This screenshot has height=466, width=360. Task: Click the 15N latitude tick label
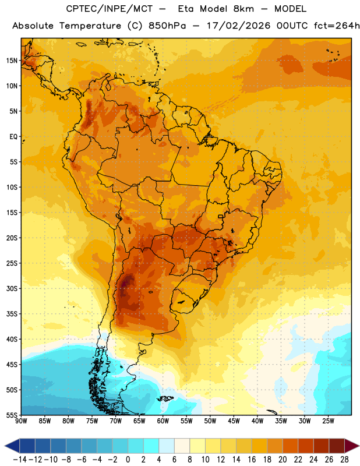(x=12, y=61)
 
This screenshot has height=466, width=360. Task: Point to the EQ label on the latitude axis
(x=13, y=137)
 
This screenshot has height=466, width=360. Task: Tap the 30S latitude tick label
(x=12, y=288)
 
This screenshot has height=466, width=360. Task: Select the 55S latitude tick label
(x=12, y=415)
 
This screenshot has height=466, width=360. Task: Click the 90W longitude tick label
(x=21, y=421)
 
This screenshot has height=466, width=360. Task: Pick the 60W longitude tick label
(x=163, y=421)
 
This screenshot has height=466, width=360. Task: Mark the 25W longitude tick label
(x=328, y=421)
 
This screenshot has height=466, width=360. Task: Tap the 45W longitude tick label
(x=234, y=421)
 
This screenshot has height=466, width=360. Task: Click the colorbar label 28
(x=344, y=460)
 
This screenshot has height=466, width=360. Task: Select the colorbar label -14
(x=20, y=460)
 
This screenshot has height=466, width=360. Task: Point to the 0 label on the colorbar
(x=128, y=460)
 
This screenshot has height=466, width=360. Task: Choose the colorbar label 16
(x=252, y=460)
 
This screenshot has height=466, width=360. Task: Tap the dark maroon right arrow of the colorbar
(x=351, y=446)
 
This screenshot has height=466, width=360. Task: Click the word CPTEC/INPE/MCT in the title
(x=109, y=9)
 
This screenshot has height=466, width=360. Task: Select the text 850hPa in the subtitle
(x=167, y=26)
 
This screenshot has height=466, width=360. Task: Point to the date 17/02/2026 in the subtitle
(x=238, y=26)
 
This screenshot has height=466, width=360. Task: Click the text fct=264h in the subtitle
(x=337, y=26)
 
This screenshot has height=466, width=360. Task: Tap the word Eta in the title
(x=186, y=9)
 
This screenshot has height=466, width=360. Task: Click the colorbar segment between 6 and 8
(x=182, y=446)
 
